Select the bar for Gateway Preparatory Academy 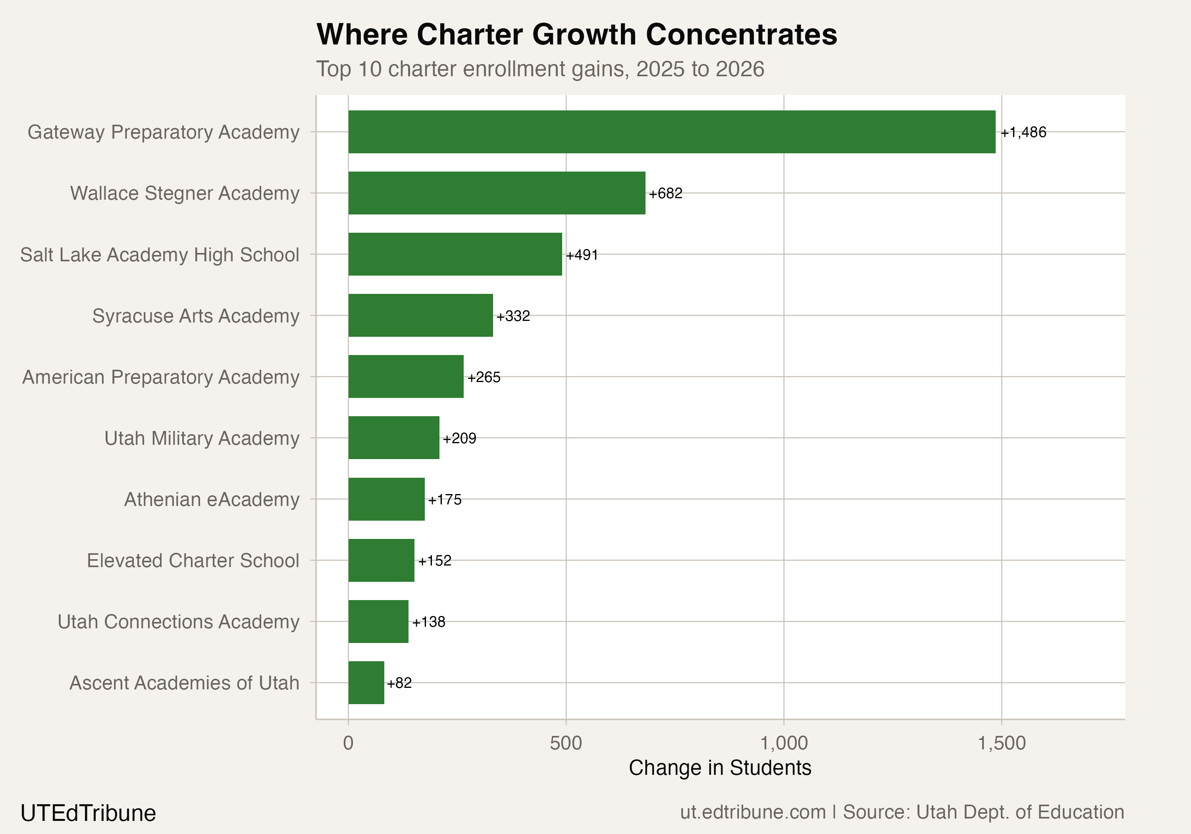[672, 132]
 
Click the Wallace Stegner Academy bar [496, 193]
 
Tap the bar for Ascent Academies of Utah [366, 682]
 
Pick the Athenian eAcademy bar [386, 499]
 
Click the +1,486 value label [1023, 132]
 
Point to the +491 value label [582, 255]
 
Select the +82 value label [399, 683]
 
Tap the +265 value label [484, 377]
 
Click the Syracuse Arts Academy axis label [196, 316]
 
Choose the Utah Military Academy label [202, 438]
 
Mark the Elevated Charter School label [193, 560]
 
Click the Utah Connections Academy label [178, 621]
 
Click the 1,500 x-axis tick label [1001, 743]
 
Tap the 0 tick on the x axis [348, 743]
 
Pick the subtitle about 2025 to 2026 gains [540, 69]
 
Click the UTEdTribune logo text [88, 813]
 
